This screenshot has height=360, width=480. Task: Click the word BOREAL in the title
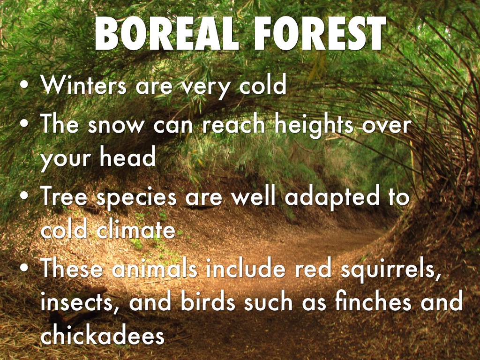[x=166, y=33]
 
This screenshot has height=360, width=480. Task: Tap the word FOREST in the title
[x=320, y=33]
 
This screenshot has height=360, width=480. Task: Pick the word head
[x=127, y=157]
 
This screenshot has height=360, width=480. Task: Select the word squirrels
[x=390, y=270]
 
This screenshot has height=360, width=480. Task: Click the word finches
[x=373, y=301]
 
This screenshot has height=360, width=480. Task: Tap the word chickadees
[x=103, y=335]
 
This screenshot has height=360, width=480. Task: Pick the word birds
[x=208, y=301]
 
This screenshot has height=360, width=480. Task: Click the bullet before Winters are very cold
[x=24, y=85]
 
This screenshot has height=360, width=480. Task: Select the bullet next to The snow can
[x=24, y=125]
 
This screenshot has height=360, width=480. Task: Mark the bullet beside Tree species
[x=24, y=197]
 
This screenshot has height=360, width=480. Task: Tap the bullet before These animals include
[x=24, y=268]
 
